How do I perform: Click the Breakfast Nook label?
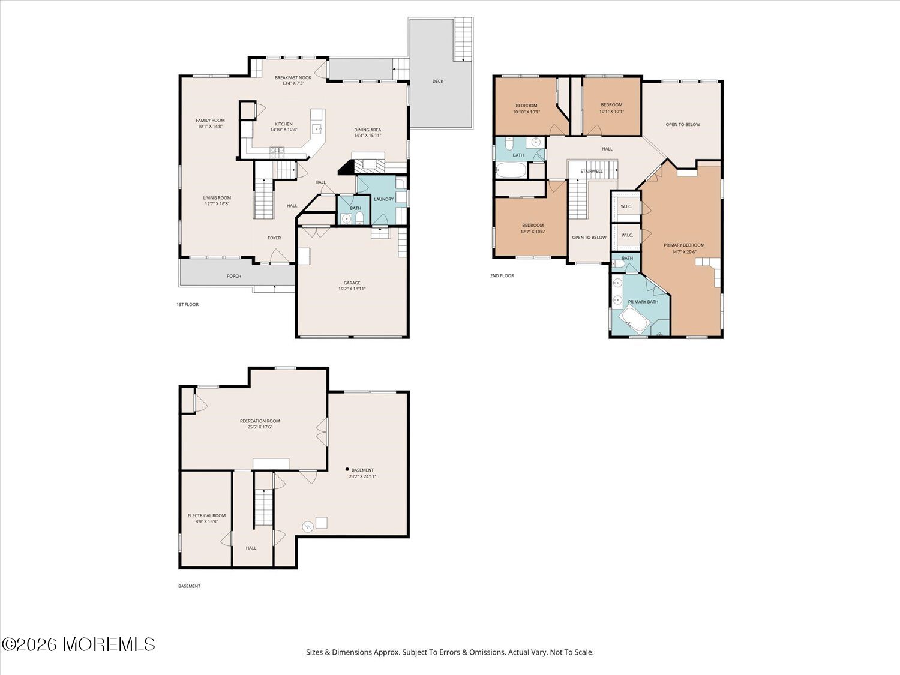(x=293, y=77)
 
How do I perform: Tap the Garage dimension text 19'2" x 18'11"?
(x=352, y=289)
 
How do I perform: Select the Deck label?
(x=438, y=81)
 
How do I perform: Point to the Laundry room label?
(x=384, y=199)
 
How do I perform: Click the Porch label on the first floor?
(x=234, y=276)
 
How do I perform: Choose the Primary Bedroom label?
(x=684, y=245)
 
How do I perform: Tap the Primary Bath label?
(x=643, y=302)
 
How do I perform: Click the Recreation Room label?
(x=260, y=421)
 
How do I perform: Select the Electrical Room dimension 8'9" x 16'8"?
(x=206, y=522)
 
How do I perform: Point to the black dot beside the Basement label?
(x=347, y=469)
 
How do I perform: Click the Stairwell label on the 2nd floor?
(x=591, y=172)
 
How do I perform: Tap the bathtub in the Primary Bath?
(x=634, y=322)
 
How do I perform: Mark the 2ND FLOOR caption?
(x=502, y=276)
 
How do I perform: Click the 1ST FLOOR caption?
(x=187, y=305)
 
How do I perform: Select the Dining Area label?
(x=368, y=130)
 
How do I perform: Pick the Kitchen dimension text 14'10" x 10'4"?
(x=284, y=130)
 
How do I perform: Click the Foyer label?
(x=274, y=238)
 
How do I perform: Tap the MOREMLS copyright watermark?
(x=79, y=644)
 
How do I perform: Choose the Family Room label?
(x=211, y=121)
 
